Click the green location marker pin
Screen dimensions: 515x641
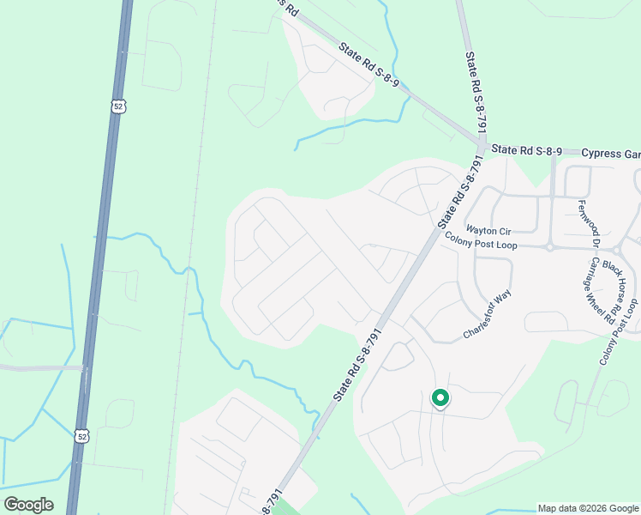(440, 398)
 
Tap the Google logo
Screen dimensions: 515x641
(28, 505)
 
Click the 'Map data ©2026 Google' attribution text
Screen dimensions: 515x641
(588, 508)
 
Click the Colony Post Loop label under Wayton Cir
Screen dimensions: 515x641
(481, 245)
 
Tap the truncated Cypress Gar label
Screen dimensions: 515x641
(610, 154)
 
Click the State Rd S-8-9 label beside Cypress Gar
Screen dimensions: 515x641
(527, 151)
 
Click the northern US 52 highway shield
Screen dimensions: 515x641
(117, 105)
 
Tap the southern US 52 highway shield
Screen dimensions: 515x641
(80, 436)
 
